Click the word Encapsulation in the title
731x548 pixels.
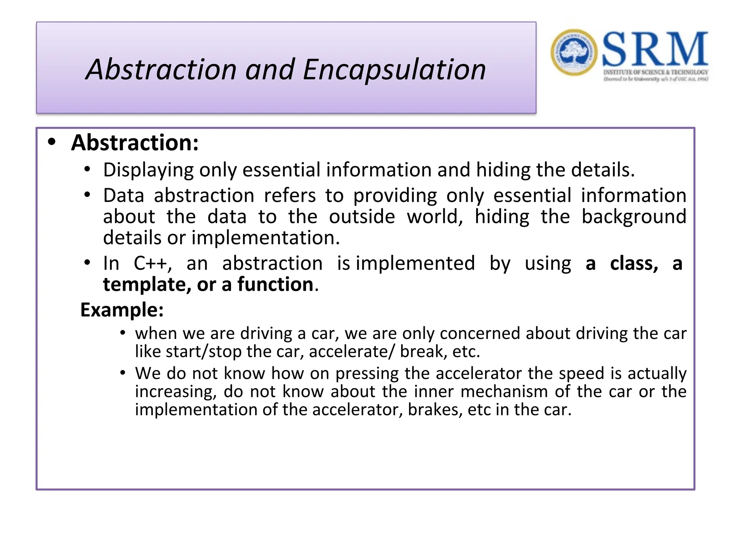[x=394, y=70]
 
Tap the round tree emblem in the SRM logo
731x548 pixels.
[x=574, y=52]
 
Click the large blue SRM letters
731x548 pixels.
[x=655, y=49]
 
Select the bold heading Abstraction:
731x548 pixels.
[x=135, y=143]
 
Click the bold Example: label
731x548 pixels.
[x=122, y=310]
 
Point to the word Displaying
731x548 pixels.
[x=148, y=170]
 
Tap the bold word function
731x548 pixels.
[x=275, y=285]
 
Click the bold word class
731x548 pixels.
[x=634, y=264]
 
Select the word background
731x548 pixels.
[x=634, y=217]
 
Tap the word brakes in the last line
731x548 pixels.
[x=433, y=410]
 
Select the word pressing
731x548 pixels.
[x=367, y=374]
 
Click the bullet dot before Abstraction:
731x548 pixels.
[x=52, y=142]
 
